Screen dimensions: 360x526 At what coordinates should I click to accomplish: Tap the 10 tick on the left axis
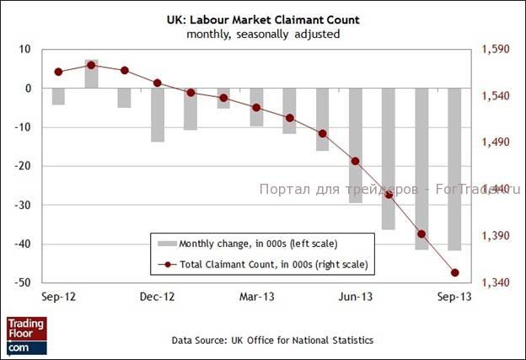27,50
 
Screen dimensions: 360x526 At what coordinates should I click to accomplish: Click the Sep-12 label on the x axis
58,298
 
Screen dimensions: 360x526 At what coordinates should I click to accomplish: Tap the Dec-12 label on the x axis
157,298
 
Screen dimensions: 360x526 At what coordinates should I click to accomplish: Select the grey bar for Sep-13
454,169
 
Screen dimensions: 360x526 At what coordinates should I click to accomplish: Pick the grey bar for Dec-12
157,115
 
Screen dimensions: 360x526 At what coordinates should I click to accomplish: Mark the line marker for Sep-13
454,272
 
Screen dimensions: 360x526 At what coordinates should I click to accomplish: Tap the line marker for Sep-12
58,72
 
